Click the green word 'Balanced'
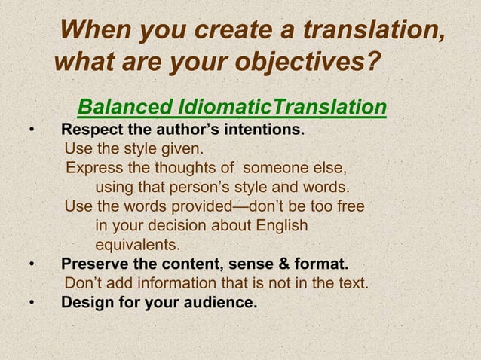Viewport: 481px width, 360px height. click(121, 108)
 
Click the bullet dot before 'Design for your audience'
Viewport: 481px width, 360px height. click(32, 304)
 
